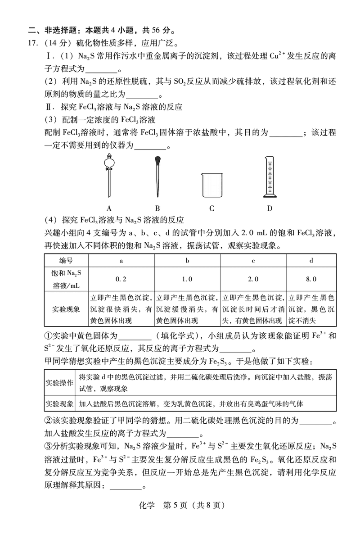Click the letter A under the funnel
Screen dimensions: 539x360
click(x=109, y=208)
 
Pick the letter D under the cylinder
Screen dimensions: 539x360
click(x=270, y=208)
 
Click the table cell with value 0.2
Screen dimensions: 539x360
click(x=121, y=279)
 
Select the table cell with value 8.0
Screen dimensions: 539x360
click(x=311, y=279)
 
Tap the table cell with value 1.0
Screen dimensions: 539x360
click(x=187, y=279)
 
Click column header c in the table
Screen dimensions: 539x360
click(x=253, y=261)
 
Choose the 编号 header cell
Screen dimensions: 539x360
click(x=66, y=261)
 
